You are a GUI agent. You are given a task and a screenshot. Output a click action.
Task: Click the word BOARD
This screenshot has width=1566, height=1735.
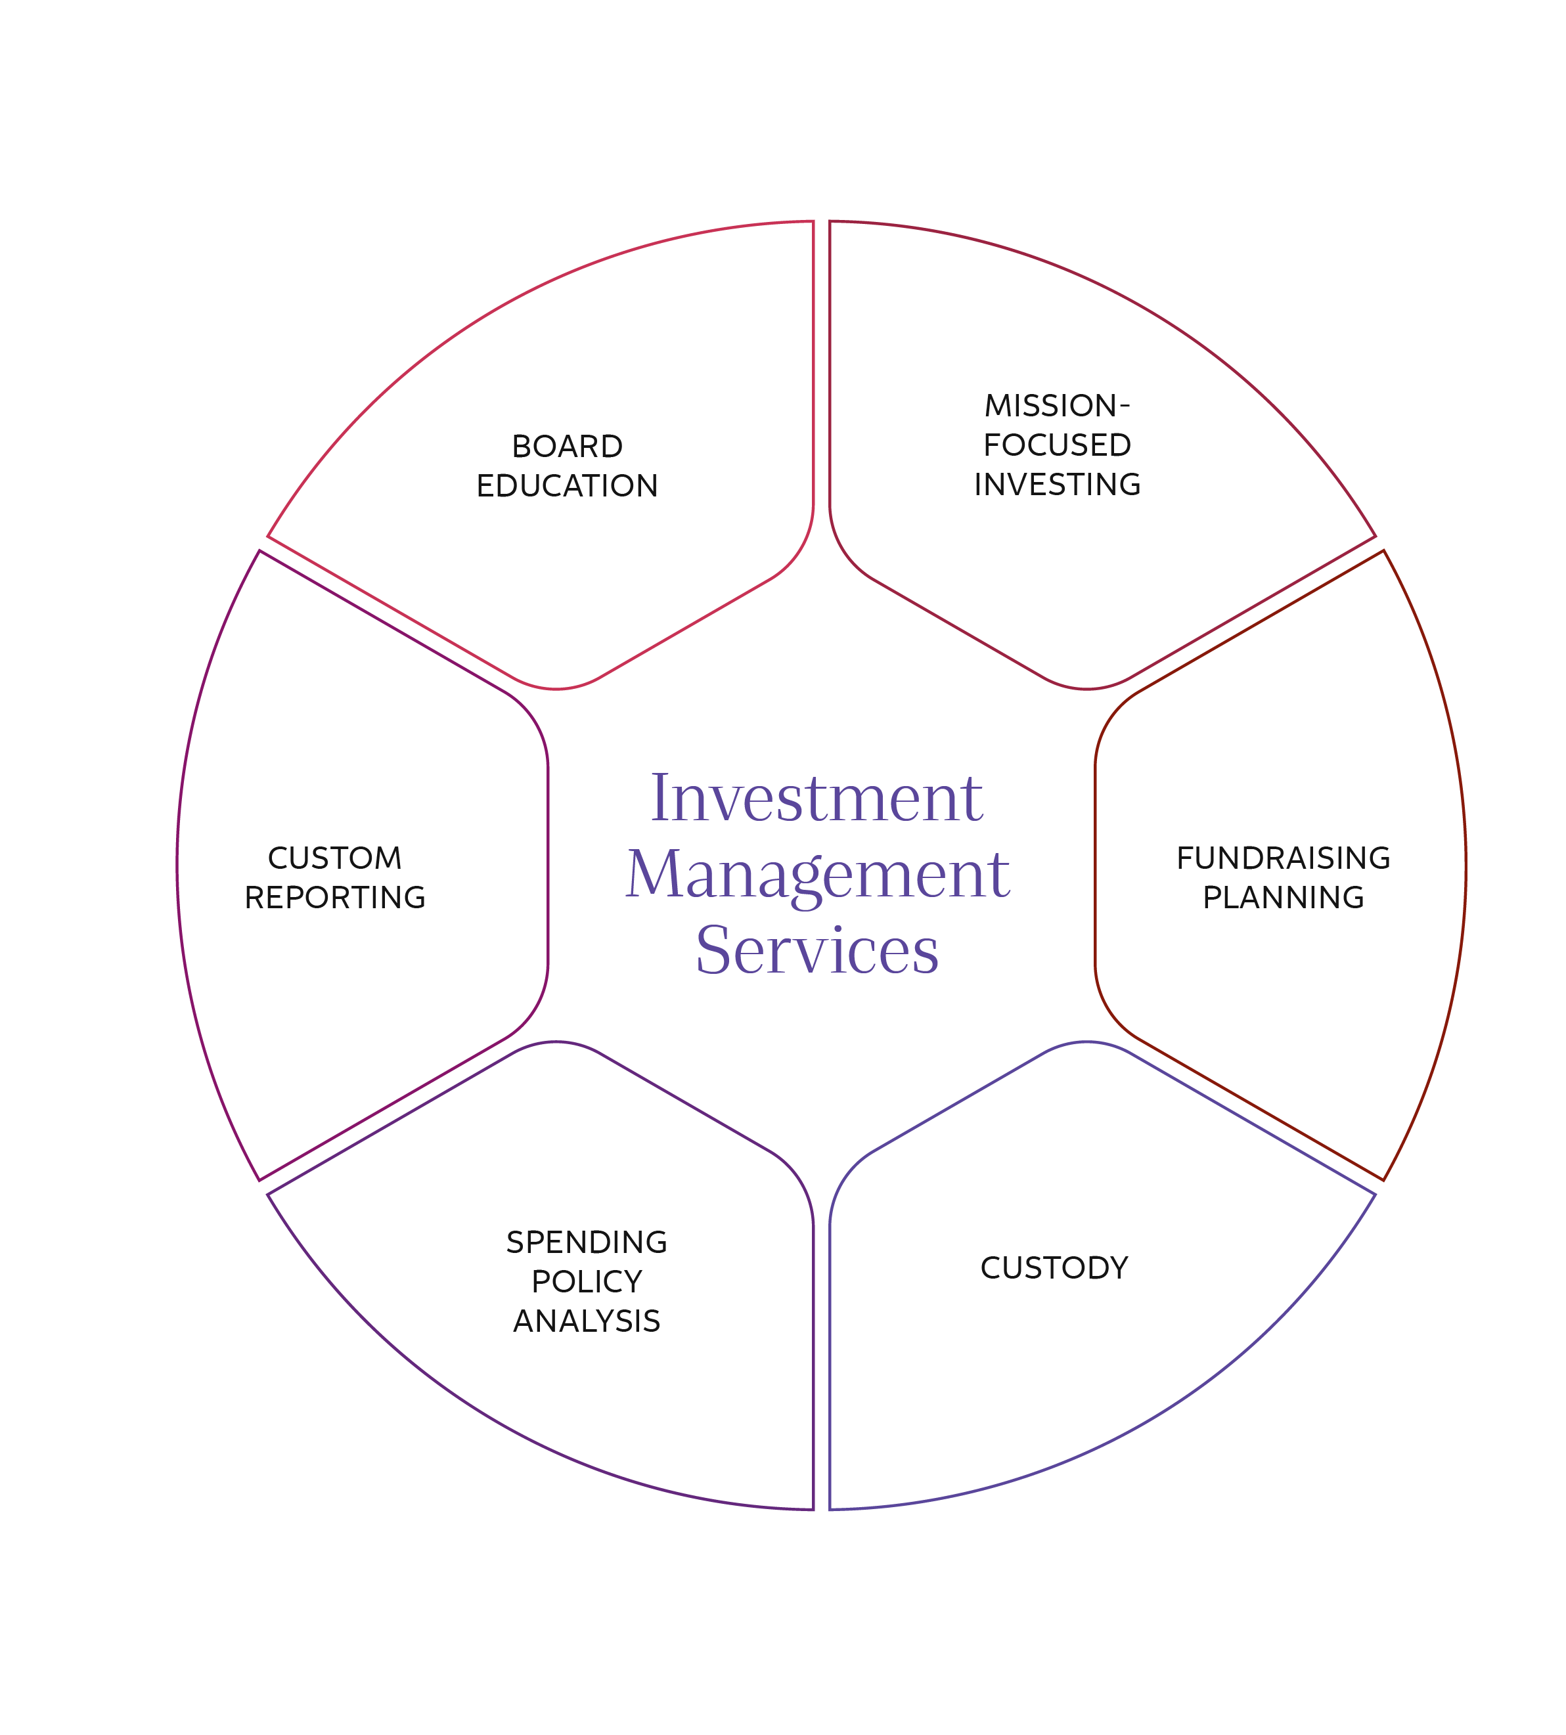click(567, 447)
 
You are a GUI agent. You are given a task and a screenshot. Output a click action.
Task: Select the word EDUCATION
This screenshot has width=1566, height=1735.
click(567, 486)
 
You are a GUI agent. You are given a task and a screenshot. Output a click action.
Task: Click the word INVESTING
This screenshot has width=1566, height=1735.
click(1057, 484)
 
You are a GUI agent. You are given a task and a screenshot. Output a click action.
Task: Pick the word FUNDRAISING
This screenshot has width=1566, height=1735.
click(1283, 858)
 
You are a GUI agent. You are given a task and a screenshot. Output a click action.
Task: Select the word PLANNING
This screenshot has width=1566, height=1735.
click(1283, 897)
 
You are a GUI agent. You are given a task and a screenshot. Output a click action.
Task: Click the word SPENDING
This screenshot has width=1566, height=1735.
click(587, 1242)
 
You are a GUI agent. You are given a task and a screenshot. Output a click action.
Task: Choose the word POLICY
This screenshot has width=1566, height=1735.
click(587, 1282)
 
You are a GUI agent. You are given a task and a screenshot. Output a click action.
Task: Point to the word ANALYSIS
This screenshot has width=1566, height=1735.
click(587, 1321)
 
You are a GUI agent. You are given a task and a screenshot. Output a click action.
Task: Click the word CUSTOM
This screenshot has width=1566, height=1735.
click(335, 858)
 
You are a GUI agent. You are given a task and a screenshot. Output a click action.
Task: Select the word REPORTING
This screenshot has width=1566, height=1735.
click(335, 897)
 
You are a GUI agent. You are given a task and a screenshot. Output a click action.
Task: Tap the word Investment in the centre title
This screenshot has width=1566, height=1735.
click(817, 799)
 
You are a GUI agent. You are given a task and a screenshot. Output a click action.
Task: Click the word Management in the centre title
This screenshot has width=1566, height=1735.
click(817, 875)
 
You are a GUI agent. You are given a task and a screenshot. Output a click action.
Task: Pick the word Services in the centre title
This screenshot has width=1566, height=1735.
click(817, 950)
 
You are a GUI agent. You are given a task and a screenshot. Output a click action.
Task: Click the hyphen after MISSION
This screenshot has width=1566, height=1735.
click(1125, 405)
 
